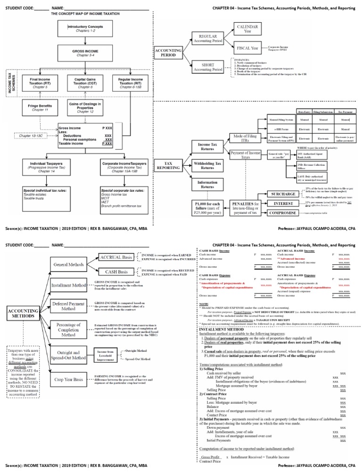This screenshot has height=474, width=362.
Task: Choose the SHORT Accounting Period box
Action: [211, 66]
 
